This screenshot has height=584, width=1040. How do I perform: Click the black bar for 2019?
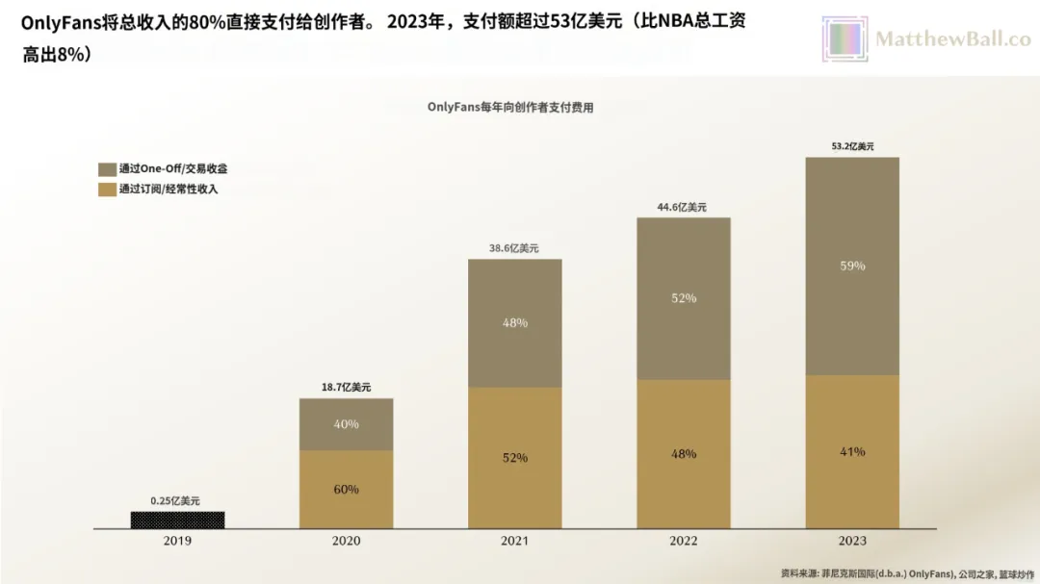[177, 520]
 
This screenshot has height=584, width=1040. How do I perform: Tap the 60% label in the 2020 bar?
[346, 489]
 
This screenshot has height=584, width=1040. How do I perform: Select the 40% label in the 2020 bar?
[346, 424]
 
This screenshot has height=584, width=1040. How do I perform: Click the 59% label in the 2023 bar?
[852, 266]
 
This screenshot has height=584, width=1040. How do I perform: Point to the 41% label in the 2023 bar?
[852, 451]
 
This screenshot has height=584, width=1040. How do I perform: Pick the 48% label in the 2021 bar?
[514, 323]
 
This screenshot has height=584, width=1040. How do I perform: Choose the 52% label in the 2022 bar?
[684, 298]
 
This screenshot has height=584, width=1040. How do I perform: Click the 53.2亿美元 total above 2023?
[852, 146]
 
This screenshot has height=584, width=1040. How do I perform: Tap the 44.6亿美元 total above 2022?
[684, 207]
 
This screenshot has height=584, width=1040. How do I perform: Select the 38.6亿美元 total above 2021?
[514, 248]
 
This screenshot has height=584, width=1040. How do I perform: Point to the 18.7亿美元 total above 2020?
[346, 387]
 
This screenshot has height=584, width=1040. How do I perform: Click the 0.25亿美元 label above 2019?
[177, 500]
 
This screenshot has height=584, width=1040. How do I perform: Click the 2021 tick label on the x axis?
[514, 542]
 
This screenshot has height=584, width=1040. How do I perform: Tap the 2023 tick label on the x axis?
[852, 542]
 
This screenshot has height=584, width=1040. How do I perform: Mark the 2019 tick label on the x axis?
[177, 542]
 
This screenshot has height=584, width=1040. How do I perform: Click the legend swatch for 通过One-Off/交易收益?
[106, 168]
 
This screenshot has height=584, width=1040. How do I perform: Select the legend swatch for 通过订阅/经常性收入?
[106, 189]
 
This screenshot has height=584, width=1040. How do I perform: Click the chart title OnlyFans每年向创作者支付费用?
[510, 108]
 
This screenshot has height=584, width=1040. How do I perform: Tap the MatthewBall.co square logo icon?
[845, 39]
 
